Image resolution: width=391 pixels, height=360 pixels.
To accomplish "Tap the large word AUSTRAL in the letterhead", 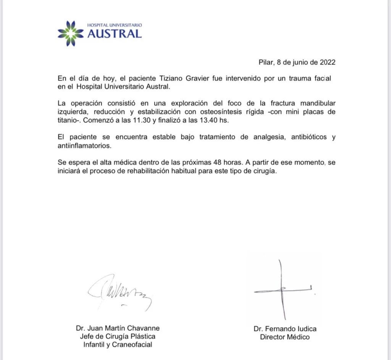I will (x=115, y=34).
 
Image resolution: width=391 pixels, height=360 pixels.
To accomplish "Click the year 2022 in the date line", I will (x=328, y=63).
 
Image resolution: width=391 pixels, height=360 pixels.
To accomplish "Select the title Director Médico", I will (x=284, y=337).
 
